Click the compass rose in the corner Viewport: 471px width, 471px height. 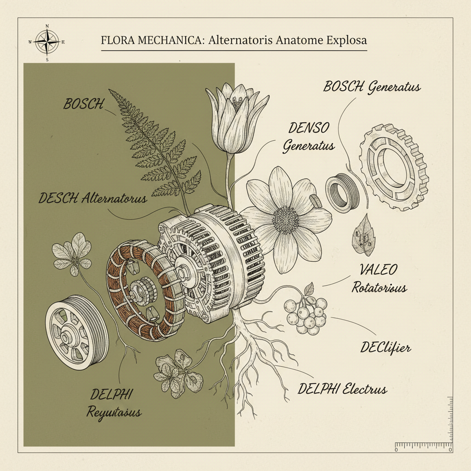point(47,41)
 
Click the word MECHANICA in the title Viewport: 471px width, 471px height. point(168,40)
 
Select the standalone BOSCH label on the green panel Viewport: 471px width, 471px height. point(83,104)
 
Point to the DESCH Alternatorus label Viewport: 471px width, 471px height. point(93,198)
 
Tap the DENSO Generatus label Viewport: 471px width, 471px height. point(309,138)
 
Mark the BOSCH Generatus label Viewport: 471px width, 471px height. point(372,87)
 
